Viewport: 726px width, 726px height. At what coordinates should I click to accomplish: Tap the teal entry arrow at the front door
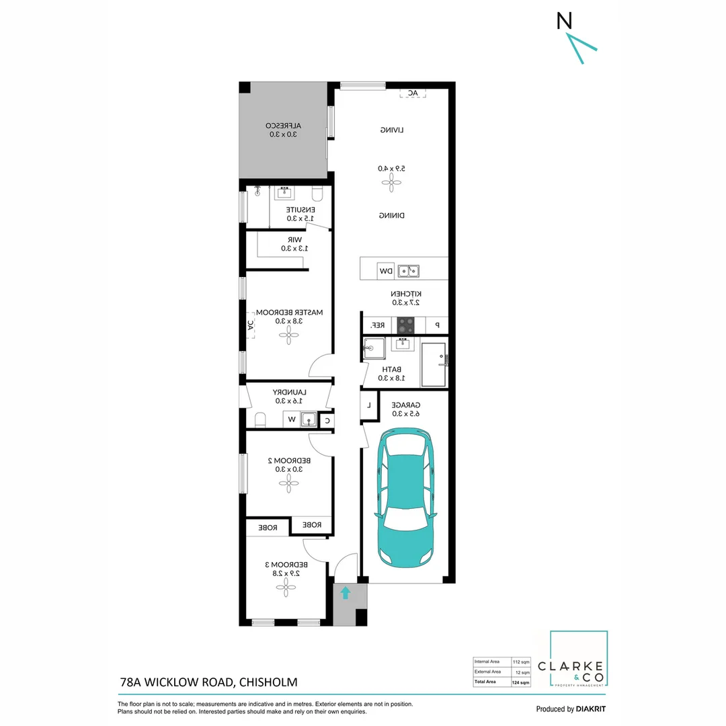click(345, 593)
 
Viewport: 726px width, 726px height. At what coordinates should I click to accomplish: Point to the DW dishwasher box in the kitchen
click(386, 271)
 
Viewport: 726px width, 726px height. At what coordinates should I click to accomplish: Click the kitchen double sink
click(408, 271)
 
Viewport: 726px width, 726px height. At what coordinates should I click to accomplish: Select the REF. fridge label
click(378, 325)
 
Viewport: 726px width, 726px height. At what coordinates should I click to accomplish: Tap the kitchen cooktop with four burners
click(406, 325)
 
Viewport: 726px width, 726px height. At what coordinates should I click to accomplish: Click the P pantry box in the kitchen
click(437, 325)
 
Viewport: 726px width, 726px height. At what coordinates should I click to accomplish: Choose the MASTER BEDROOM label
click(289, 313)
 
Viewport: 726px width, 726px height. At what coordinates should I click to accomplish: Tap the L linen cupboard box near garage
click(368, 405)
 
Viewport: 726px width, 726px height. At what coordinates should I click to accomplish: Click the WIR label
click(294, 239)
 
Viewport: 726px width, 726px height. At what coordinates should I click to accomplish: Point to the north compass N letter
click(565, 22)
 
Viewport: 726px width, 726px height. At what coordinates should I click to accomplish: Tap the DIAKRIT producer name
click(591, 709)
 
